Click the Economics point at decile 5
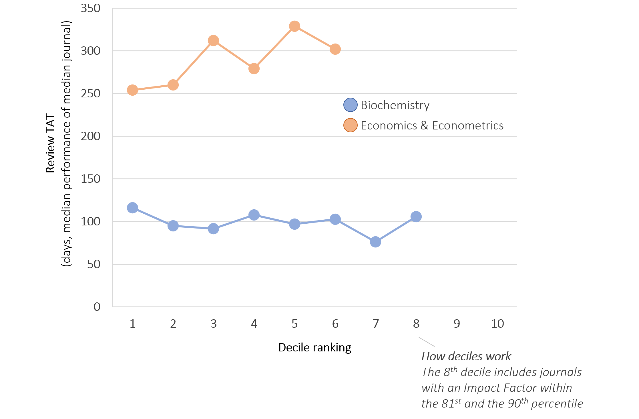point(294,26)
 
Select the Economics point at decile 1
point(132,90)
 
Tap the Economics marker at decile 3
point(214,40)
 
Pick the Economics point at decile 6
point(335,49)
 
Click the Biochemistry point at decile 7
point(375,242)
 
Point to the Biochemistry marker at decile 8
point(416,217)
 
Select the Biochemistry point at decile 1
point(132,208)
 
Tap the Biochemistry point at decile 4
point(254,215)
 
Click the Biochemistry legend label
point(395,105)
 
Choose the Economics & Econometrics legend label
point(432,125)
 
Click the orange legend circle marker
point(350,125)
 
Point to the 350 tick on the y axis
point(91,8)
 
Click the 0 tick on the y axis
point(97,307)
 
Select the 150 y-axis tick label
point(91,179)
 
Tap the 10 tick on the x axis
point(497,324)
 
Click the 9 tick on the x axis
point(457,324)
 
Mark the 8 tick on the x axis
point(416,324)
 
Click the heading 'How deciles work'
point(466,357)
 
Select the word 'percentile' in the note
point(557,404)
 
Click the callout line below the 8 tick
point(427,342)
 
